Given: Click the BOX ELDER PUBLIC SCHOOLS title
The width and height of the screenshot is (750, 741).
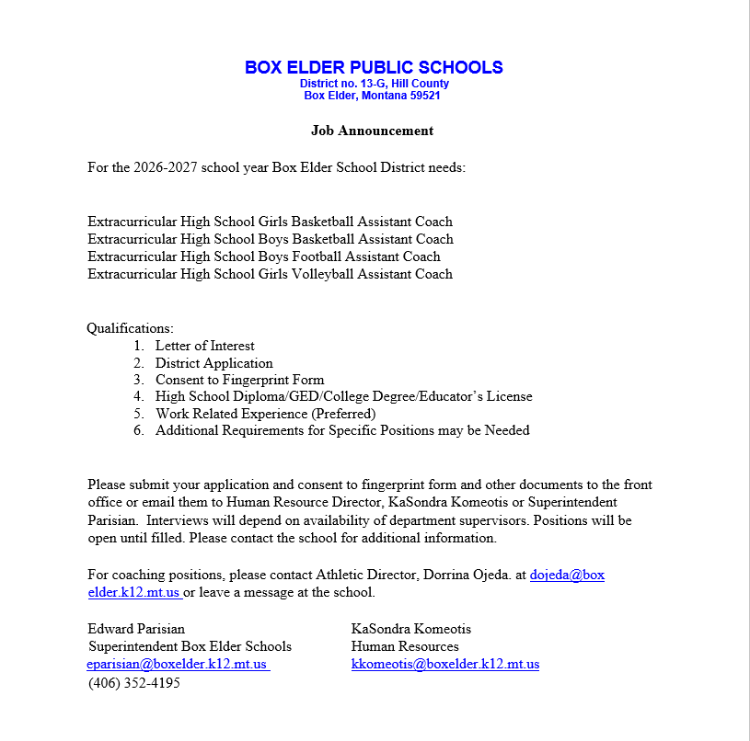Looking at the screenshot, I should click(374, 67).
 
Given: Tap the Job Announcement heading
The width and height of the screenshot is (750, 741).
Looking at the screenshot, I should click(372, 131).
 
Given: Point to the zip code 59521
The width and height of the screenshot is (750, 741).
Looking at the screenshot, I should click(424, 96).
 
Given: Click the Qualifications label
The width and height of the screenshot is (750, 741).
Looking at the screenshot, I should click(130, 328).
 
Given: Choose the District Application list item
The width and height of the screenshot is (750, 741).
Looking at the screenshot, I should click(213, 363).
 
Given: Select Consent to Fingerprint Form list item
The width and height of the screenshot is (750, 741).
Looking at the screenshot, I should click(239, 380).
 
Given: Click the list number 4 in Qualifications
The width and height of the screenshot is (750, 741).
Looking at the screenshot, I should click(138, 396).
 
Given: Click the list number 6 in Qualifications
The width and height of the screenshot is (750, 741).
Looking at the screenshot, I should click(138, 430).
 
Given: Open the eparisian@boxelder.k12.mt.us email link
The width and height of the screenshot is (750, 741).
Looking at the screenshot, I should click(177, 665).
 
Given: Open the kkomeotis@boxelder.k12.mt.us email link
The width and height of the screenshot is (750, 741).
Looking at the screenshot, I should click(444, 665).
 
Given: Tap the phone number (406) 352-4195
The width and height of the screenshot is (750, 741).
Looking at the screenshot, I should click(134, 683).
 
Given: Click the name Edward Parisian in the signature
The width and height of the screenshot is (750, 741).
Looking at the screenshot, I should click(136, 630).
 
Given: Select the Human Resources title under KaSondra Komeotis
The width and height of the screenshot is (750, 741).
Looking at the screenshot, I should click(405, 647).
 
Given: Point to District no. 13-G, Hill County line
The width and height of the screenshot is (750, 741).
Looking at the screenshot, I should click(374, 84).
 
